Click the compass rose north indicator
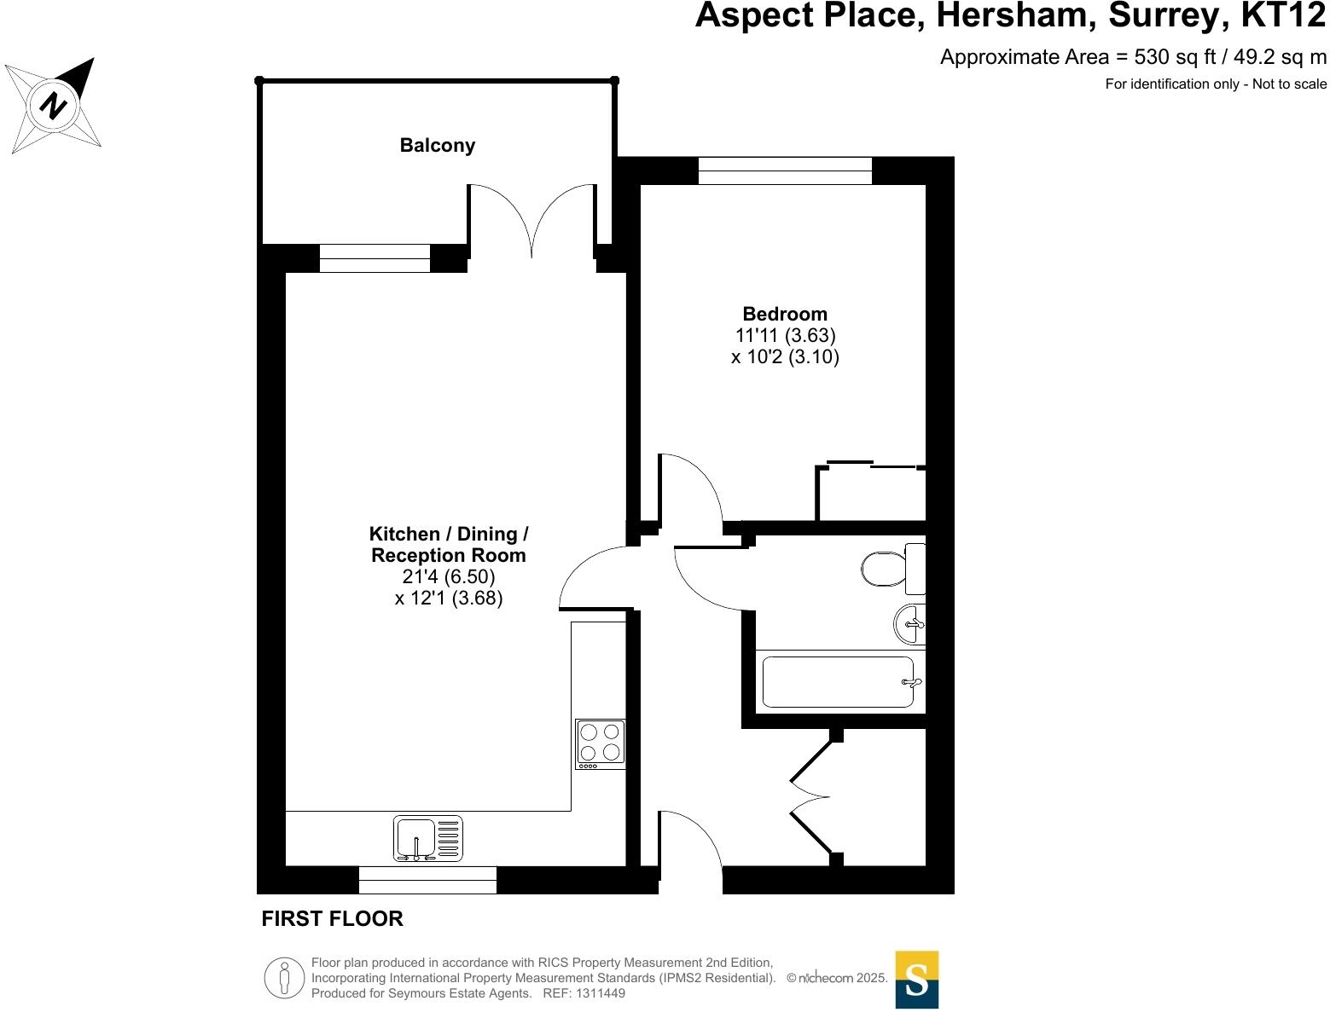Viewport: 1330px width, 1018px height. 54,106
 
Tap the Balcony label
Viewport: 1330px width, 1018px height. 437,146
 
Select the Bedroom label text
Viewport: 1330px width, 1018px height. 785,314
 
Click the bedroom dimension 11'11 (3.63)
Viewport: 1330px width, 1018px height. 785,335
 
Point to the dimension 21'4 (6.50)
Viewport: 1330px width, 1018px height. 449,577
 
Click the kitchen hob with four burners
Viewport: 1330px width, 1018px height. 600,743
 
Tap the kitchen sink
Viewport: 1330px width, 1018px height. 427,838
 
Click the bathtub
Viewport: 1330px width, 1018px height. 838,682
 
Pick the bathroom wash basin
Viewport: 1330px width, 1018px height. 909,625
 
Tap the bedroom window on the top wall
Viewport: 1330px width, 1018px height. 785,171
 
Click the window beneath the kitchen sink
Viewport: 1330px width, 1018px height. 427,880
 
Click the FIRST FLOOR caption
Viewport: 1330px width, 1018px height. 332,919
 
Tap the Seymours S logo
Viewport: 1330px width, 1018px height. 916,980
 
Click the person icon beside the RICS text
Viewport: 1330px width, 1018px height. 284,978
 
